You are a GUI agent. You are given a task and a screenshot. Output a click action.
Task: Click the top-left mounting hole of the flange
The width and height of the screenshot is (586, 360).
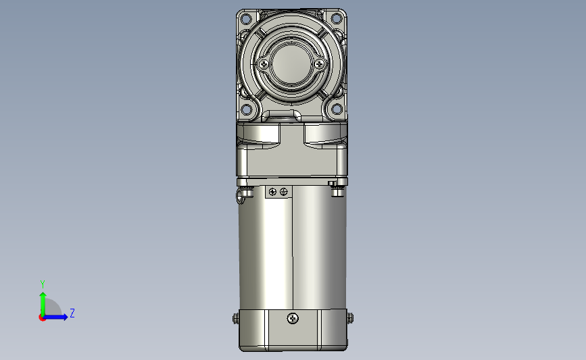pyautogui.click(x=245, y=18)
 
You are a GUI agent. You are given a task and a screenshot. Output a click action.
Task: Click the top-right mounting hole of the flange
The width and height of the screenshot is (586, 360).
pyautogui.click(x=337, y=18)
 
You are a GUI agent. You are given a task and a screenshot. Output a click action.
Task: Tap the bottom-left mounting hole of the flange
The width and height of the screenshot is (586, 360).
pyautogui.click(x=246, y=109)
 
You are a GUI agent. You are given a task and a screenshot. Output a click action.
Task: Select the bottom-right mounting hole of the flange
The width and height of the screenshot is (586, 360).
pyautogui.click(x=337, y=109)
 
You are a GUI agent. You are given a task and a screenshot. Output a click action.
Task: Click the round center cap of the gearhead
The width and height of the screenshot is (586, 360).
pyautogui.click(x=291, y=64)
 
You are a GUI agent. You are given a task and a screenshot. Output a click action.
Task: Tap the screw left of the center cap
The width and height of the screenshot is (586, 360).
pyautogui.click(x=264, y=64)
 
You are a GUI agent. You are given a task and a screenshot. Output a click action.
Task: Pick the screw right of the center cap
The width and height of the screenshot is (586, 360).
pyautogui.click(x=320, y=64)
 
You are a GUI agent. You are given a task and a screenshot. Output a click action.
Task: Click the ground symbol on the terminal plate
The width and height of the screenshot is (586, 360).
pyautogui.click(x=284, y=192)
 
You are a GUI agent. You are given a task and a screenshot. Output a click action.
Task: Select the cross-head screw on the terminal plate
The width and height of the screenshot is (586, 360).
pyautogui.click(x=272, y=192)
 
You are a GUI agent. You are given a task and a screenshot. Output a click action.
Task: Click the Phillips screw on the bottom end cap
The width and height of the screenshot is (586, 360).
pyautogui.click(x=293, y=319)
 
